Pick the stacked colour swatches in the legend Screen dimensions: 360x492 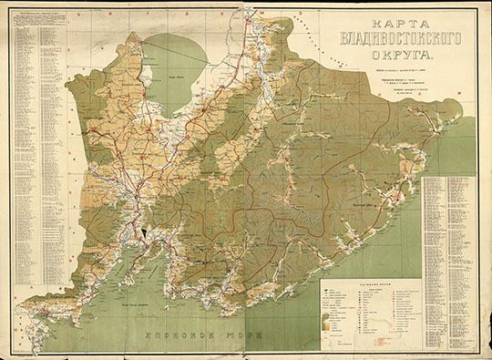click(x=326, y=320)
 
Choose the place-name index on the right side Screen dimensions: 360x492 click(x=450, y=228)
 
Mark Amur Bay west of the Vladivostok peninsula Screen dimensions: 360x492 click(x=128, y=242)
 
